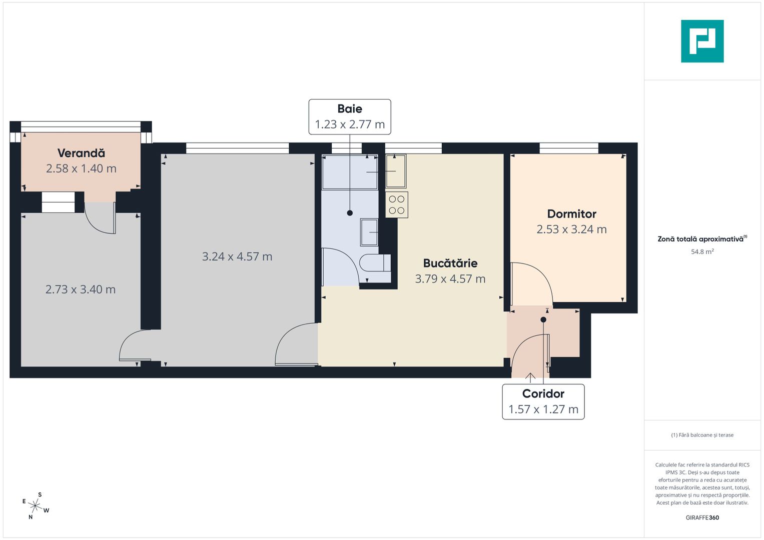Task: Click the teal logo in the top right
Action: coord(702,41)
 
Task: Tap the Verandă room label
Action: coord(81,153)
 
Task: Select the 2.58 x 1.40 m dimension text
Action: coord(81,168)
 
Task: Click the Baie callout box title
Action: coord(350,108)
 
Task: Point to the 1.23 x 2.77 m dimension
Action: coord(350,124)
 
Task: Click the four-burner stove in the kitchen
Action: coord(397,205)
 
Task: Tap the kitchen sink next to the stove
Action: coord(396,171)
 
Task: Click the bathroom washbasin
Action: coord(369,232)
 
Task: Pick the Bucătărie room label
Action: coord(450,263)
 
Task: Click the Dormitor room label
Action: coord(571,214)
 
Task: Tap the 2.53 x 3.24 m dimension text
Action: coord(571,229)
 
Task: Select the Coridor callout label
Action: coord(543,393)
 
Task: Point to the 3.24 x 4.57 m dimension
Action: coord(237,256)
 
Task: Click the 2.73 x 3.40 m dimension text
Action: coord(81,289)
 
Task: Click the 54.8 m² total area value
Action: coord(702,252)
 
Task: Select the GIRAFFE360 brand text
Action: coord(702,517)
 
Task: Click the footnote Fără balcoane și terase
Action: coord(702,435)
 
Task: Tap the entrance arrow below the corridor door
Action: coord(530,377)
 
